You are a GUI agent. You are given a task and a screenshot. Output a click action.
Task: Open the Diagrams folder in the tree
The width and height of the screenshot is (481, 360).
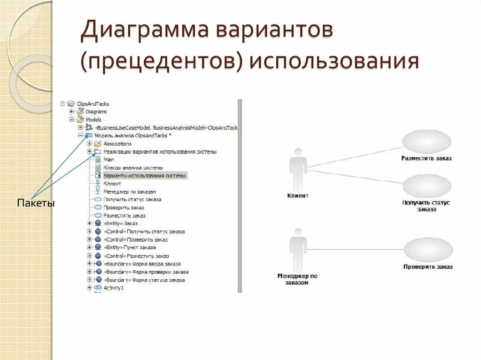coord(96,112)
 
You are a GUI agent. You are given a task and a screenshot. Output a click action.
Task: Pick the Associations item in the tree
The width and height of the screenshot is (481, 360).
coord(117,144)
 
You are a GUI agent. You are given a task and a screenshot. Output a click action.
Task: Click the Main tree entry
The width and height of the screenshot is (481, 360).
coord(109,160)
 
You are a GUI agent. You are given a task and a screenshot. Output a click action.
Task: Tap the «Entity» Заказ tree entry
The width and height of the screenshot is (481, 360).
coord(121,223)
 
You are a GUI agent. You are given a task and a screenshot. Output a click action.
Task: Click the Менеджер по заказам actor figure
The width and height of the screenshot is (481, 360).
coord(297,249)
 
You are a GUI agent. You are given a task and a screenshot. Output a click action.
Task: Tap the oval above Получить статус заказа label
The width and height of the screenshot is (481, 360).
coord(426,186)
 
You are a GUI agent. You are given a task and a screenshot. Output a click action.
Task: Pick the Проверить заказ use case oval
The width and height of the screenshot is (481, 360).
coord(427,249)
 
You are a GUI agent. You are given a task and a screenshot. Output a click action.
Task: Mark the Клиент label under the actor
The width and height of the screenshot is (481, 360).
coord(297,196)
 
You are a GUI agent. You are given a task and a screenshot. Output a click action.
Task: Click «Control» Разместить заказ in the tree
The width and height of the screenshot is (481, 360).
coord(136,256)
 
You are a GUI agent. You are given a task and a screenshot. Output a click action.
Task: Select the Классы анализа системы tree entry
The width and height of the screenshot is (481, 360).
coord(133,168)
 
